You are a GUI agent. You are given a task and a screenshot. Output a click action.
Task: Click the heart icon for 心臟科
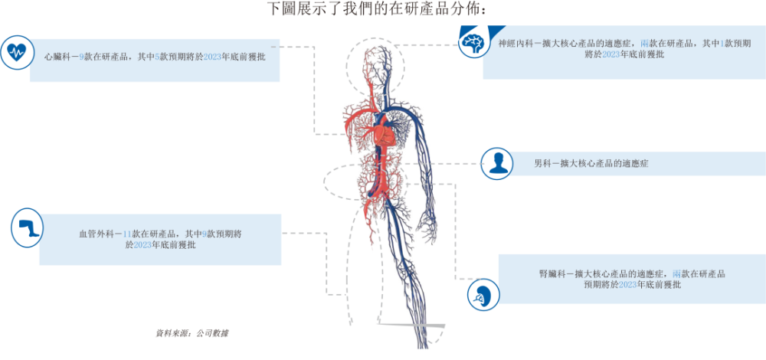(x=17, y=51)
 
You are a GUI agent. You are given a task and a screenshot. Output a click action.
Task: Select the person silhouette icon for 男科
(x=497, y=163)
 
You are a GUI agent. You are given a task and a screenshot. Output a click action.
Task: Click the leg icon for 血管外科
(x=28, y=227)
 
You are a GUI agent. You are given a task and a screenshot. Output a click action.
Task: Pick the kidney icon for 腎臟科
(x=483, y=295)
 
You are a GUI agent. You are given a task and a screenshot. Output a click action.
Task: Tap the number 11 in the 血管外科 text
(x=127, y=234)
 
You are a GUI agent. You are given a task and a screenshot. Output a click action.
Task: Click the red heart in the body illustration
(x=386, y=133)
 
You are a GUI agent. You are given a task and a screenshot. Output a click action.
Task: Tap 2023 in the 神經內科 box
(x=611, y=54)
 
